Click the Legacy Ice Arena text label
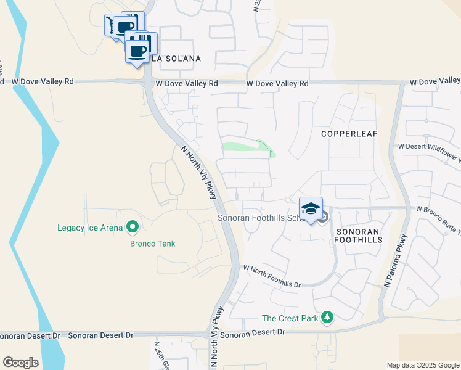[x=90, y=228]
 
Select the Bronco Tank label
[x=152, y=244]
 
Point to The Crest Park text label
[x=290, y=318]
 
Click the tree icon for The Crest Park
[x=328, y=318]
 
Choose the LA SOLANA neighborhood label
[x=176, y=59]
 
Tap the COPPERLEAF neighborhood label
[x=349, y=133]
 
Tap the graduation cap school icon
[x=311, y=207]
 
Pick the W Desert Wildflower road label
[x=429, y=147]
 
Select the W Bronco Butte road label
[x=438, y=210]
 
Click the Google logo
[x=20, y=363]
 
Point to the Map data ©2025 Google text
[x=422, y=365]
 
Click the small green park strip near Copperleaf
[x=247, y=147]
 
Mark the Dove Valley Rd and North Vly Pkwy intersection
[x=148, y=82]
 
